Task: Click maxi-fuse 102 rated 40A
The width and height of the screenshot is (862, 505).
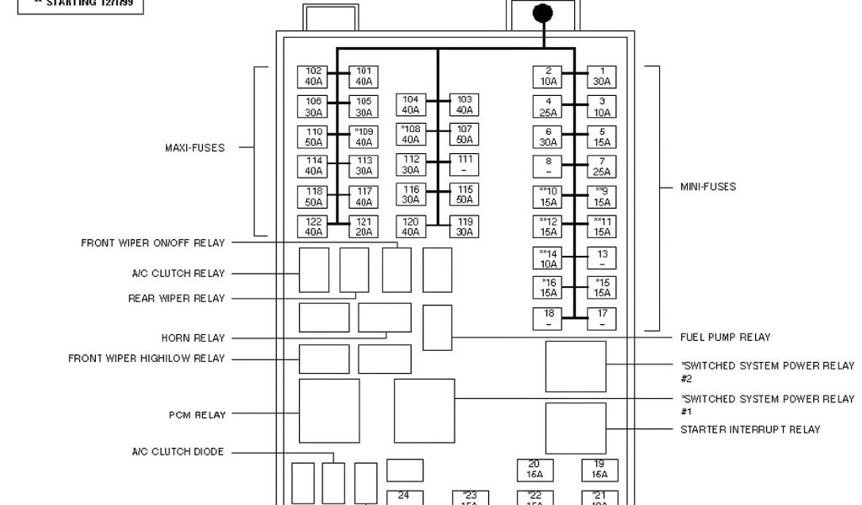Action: tap(313, 77)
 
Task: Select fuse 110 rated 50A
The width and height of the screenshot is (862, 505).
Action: tap(313, 137)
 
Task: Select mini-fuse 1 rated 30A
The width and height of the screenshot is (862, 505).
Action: tap(602, 77)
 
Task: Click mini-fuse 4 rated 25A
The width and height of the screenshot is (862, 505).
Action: tap(548, 107)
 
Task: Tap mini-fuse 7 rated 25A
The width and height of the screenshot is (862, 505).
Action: tap(602, 167)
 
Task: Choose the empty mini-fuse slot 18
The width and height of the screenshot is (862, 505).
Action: tap(548, 318)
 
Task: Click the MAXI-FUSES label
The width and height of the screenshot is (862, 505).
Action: tap(194, 148)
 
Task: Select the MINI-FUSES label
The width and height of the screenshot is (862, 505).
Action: tap(708, 187)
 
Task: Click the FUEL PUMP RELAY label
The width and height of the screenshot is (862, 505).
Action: tap(725, 338)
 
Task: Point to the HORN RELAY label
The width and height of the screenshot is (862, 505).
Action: tap(193, 338)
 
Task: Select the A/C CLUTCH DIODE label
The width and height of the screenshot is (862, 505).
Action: tap(178, 452)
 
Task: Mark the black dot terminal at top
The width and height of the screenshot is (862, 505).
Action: tap(544, 13)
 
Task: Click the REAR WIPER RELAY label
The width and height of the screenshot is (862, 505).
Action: tap(177, 298)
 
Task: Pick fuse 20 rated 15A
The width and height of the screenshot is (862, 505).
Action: tap(535, 469)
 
